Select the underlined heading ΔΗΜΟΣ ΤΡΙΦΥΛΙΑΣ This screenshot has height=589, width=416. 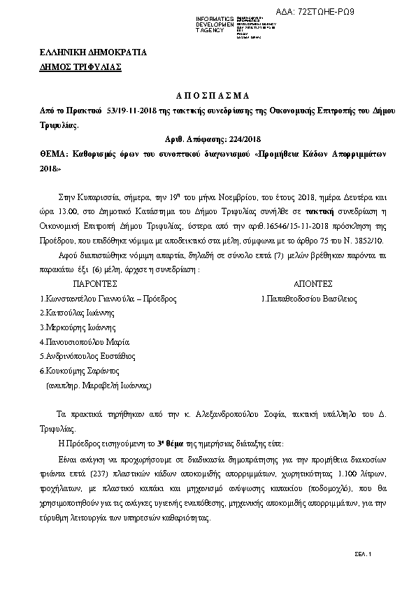(x=80, y=67)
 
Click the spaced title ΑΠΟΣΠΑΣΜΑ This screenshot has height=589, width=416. (x=208, y=95)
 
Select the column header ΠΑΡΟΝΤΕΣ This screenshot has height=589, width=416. (x=95, y=285)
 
